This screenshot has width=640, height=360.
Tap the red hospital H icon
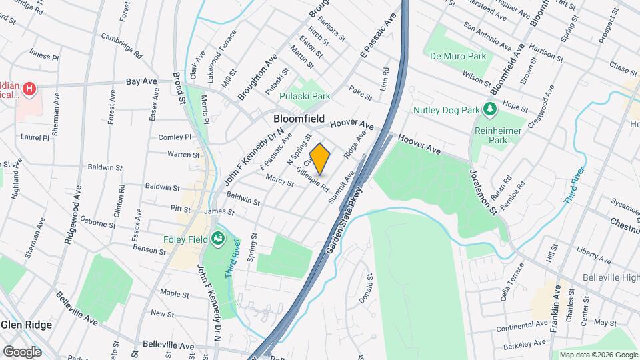(29, 89)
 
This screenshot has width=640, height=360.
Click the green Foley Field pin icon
(217, 238)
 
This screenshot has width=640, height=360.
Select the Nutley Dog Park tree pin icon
(491, 108)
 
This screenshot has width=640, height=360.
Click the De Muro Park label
(456, 55)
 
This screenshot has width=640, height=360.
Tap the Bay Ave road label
(141, 81)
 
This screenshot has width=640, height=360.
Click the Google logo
(22, 351)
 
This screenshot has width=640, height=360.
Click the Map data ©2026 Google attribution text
(598, 355)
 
